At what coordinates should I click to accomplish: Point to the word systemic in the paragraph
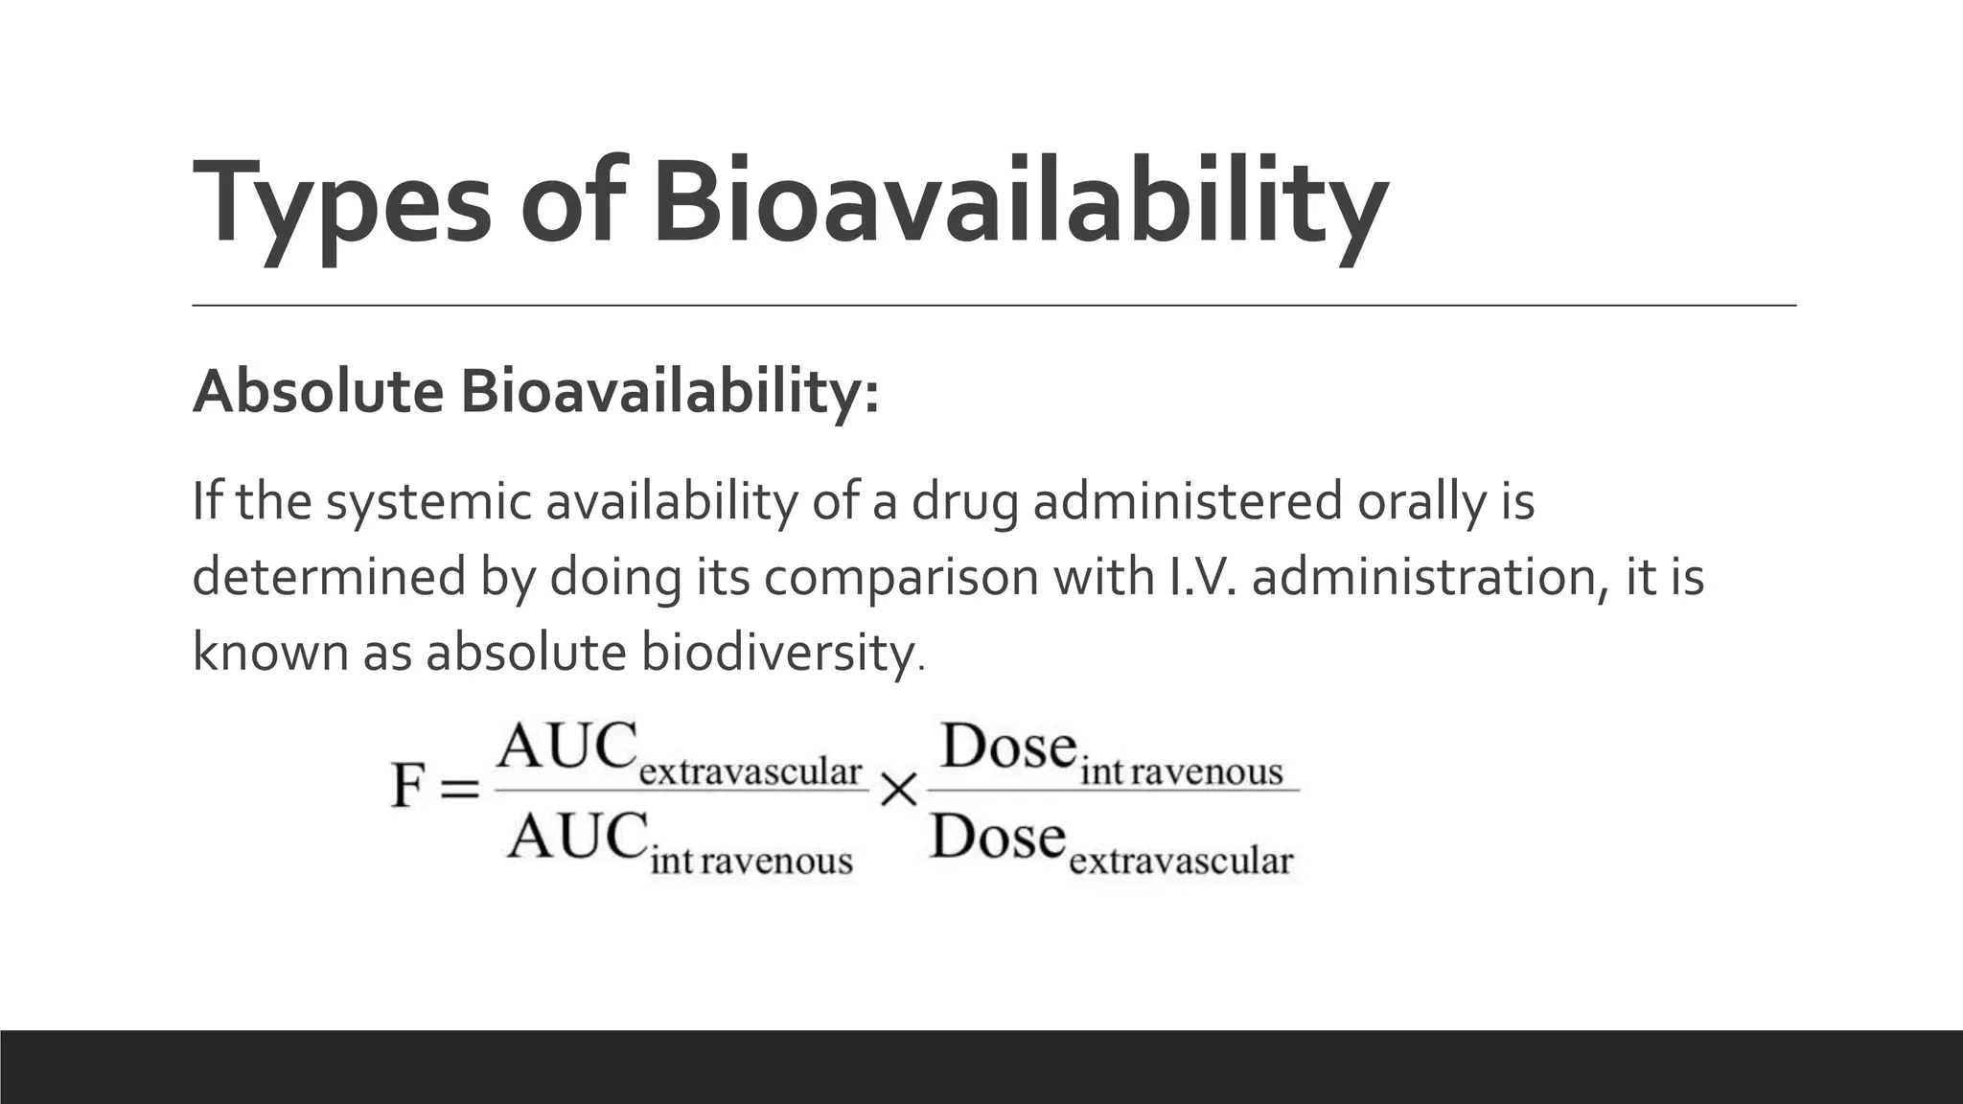(x=427, y=503)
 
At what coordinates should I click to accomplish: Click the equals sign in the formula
(x=458, y=789)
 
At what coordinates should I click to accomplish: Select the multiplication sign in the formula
(x=898, y=791)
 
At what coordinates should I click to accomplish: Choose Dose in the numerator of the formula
(x=1009, y=747)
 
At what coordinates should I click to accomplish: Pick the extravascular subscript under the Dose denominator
(x=1181, y=861)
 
